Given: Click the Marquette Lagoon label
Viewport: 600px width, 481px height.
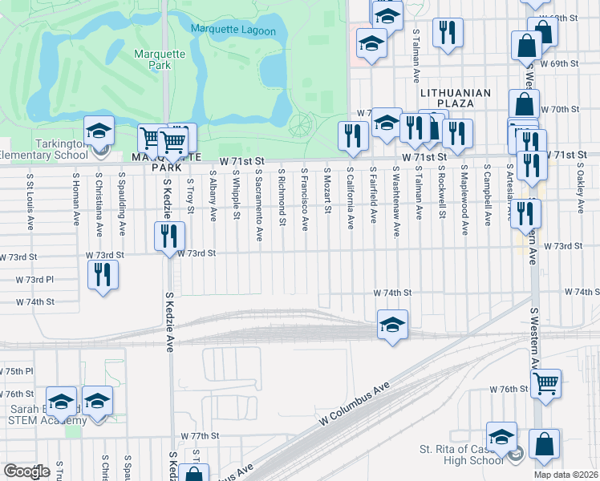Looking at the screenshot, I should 233,30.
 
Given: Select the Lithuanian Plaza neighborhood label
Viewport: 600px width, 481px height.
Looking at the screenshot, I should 455,93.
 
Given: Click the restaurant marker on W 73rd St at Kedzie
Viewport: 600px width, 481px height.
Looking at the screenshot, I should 169,236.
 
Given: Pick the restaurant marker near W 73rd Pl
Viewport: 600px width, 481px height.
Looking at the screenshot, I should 102,276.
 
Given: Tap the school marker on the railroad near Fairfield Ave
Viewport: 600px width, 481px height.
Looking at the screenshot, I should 392,325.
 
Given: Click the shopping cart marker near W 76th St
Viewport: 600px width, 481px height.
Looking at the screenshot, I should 546,382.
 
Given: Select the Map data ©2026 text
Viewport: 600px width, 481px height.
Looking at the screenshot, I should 566,475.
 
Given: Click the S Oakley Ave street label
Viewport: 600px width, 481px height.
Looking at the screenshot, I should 580,192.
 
